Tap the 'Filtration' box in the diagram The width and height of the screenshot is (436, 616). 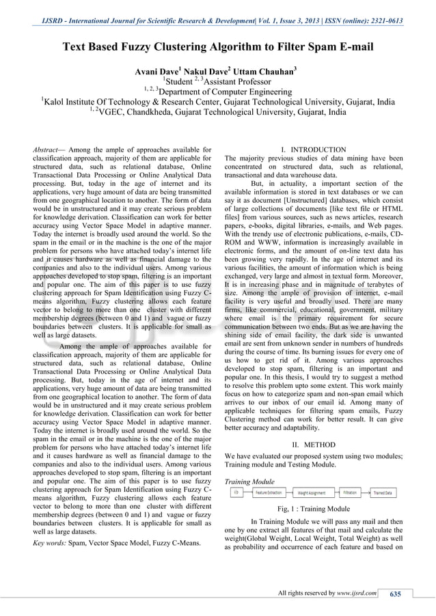click(349, 492)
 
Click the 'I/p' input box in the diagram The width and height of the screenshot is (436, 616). click(236, 492)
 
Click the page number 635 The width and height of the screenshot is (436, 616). click(394, 593)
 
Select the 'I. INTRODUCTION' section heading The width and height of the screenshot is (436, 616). click(314, 150)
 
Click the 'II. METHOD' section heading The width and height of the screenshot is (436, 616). click(314, 444)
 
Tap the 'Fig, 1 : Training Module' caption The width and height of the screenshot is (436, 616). click(314, 509)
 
